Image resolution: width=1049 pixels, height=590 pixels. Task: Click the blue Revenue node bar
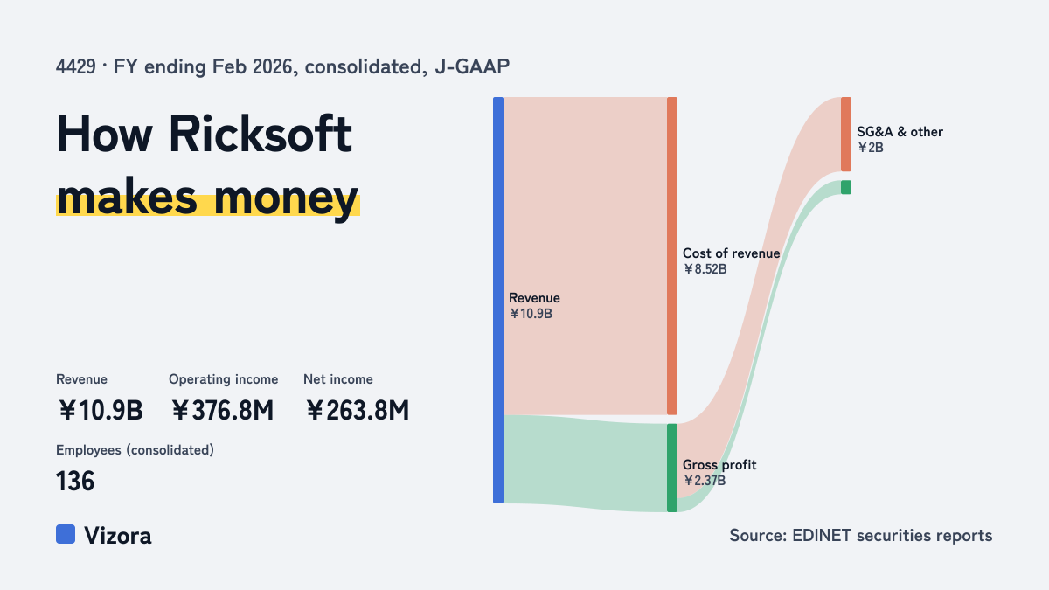coord(498,300)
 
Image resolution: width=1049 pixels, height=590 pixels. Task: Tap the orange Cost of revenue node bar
coord(672,255)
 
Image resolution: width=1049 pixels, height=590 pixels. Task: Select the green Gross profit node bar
coord(672,468)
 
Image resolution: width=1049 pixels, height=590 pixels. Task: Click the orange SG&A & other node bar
coord(846,135)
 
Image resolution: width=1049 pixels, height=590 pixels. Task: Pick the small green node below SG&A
coord(846,187)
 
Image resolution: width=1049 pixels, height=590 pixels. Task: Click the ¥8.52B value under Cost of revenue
coord(705,269)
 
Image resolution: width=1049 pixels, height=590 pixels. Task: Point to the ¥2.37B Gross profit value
coord(705,481)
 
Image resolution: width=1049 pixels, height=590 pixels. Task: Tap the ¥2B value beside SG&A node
coord(871,148)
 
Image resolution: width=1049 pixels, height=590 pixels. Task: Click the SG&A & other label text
coord(900,132)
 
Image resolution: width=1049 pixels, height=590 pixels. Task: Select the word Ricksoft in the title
coord(261,135)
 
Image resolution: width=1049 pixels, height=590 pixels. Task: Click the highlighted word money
coord(286,198)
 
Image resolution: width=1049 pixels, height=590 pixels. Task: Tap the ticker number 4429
coord(76,66)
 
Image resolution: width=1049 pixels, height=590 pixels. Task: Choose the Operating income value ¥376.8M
coord(222,410)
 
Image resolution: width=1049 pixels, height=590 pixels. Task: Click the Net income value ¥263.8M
coord(358,410)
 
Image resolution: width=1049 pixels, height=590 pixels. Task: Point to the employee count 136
coord(75,482)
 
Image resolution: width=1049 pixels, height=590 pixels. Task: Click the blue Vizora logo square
coord(66,534)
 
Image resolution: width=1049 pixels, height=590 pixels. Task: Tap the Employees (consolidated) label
coord(135,450)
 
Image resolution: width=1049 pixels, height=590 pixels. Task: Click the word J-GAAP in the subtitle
coord(472,66)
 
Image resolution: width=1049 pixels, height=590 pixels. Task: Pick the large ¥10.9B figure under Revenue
coord(101,410)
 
